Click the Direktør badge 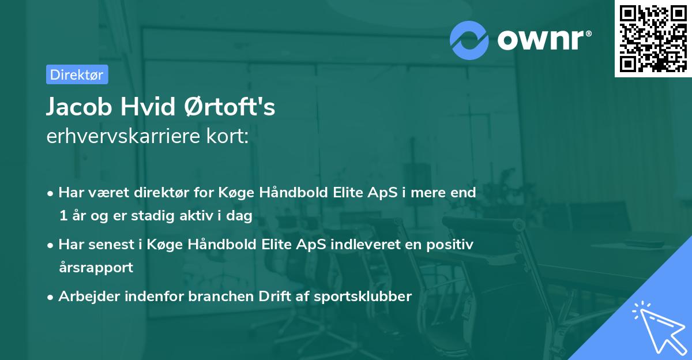tap(77, 74)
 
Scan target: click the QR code tap(653, 38)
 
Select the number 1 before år tap(62, 215)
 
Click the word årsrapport tap(96, 267)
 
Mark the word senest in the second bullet tap(114, 245)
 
